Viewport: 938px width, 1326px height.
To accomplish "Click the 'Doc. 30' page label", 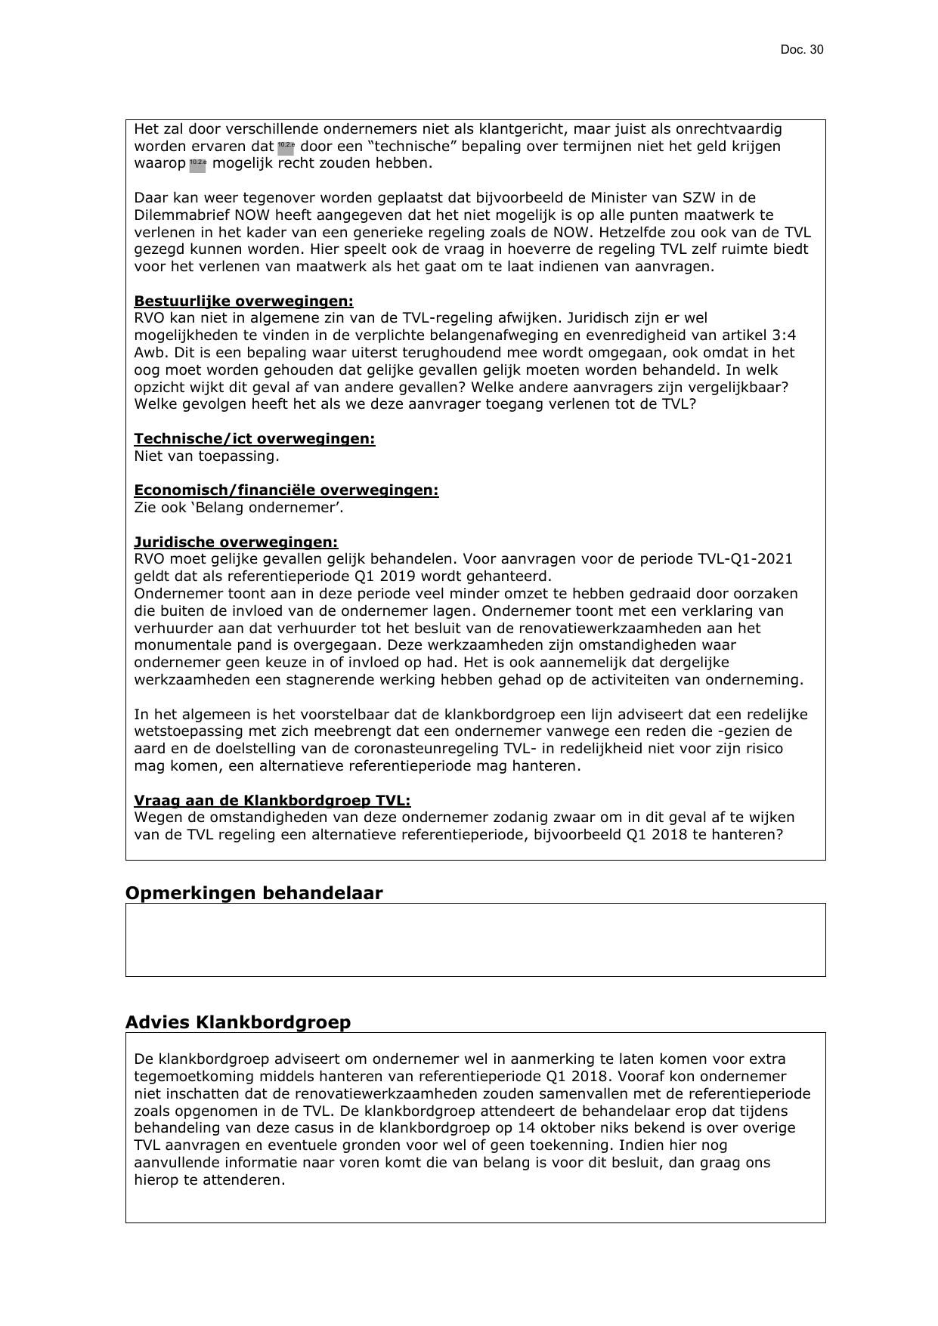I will (802, 50).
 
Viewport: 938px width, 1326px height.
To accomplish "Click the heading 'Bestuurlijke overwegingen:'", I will (243, 301).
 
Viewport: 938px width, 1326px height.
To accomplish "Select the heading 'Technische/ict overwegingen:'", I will (254, 439).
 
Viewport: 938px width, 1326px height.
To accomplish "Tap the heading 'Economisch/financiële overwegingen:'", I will (286, 490).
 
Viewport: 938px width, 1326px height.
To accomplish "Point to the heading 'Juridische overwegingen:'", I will (236, 542).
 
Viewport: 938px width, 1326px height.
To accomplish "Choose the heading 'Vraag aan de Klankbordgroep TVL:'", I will (272, 800).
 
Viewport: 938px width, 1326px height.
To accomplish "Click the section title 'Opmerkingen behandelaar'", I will (253, 893).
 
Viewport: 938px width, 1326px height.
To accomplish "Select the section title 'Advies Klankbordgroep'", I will (237, 1022).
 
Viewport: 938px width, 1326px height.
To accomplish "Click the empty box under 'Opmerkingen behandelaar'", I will (475, 939).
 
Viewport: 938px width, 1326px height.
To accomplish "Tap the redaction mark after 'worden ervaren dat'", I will (286, 147).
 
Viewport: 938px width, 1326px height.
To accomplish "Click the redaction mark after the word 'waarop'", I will (197, 164).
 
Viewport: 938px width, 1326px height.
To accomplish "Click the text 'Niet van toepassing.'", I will (206, 456).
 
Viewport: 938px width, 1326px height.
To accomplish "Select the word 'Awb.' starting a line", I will (148, 353).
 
